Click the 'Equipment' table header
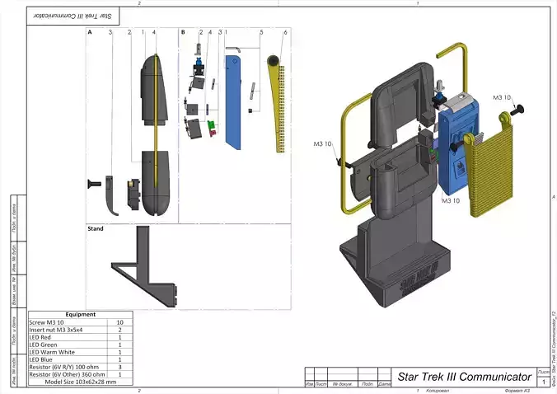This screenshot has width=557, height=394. (x=80, y=314)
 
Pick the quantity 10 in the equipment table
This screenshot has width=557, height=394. (x=119, y=322)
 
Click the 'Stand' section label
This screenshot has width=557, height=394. (x=96, y=229)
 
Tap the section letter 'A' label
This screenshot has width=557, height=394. (x=89, y=31)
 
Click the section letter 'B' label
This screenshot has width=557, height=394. (x=182, y=31)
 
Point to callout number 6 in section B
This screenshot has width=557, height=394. (x=285, y=32)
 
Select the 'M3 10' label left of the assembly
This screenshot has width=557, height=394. (x=323, y=143)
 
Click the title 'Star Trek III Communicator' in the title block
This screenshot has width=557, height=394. (x=464, y=376)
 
